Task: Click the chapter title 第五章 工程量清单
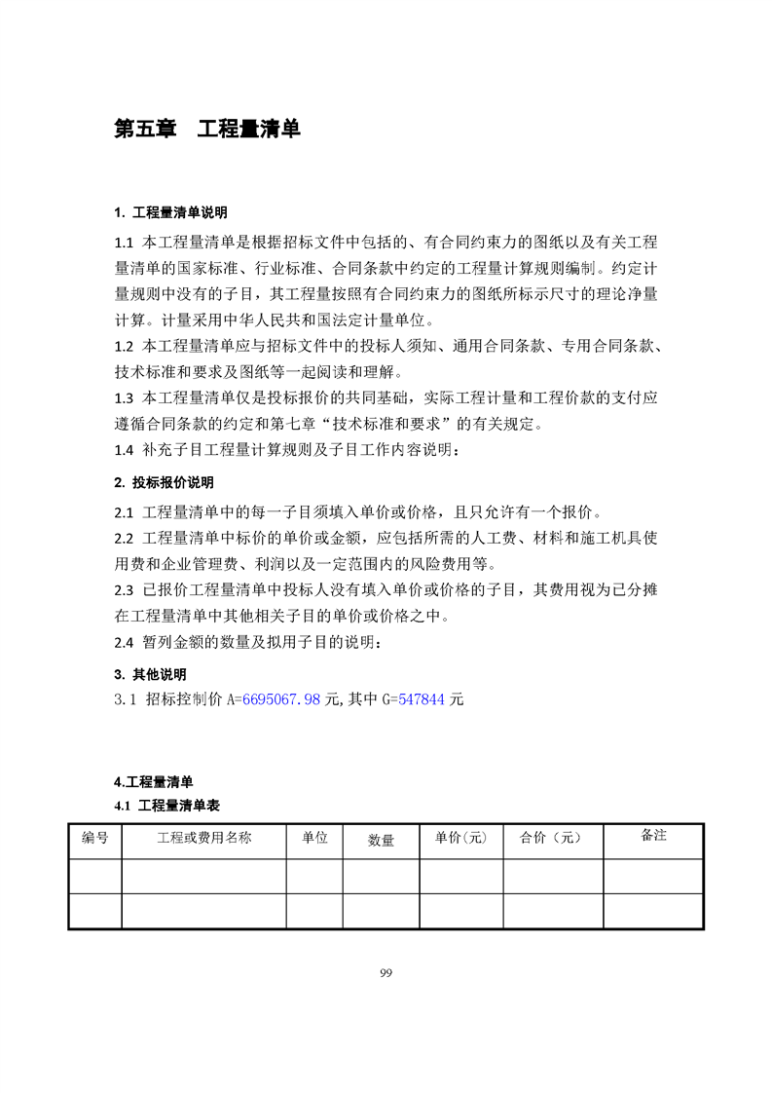pos(207,129)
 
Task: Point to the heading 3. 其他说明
pos(150,674)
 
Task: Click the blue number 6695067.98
pos(280,699)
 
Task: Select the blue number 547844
pos(421,699)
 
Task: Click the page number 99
pos(386,973)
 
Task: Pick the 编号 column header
pos(94,838)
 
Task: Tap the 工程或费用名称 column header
pos(203,838)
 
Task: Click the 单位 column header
pos(313,838)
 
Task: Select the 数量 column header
pos(381,841)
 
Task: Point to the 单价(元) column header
pos(454,838)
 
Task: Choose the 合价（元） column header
pos(550,838)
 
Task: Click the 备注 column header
pos(653,835)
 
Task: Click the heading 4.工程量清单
pos(154,782)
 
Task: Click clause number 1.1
pos(124,243)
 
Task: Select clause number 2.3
pos(124,589)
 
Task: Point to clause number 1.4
pos(124,450)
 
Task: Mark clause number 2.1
pos(124,512)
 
